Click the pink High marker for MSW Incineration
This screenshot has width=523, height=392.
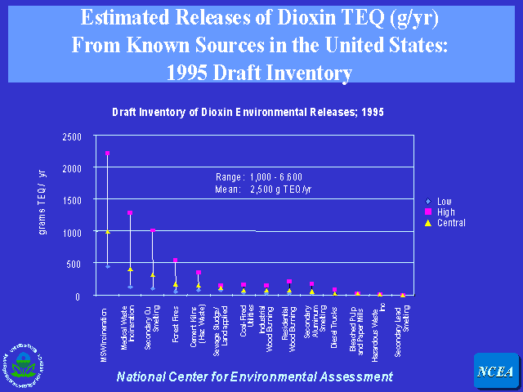[x=107, y=154]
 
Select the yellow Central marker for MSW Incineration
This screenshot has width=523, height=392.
[x=107, y=232]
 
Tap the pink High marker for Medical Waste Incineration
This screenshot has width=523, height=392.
[x=129, y=213]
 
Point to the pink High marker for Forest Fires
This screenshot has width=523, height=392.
[x=175, y=261]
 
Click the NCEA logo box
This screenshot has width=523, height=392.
[x=495, y=372]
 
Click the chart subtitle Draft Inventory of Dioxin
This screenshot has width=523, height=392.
[x=248, y=111]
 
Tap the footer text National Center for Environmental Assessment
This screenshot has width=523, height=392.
[x=254, y=376]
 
